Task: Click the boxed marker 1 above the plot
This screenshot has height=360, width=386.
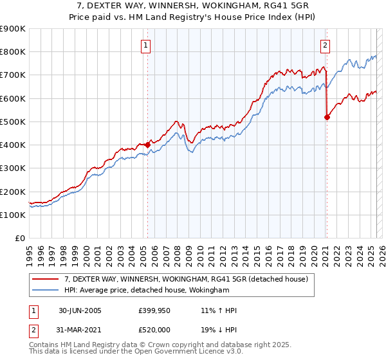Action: coord(147,45)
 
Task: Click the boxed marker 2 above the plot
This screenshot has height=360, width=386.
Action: coord(326,45)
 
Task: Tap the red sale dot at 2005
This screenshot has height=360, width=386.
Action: coord(148,145)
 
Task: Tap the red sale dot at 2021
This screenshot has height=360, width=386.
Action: coord(327,117)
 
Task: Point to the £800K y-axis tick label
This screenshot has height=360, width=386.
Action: coord(13,51)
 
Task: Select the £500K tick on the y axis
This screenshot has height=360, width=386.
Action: coord(13,122)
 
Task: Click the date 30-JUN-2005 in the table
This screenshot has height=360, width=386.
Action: coord(80,310)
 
